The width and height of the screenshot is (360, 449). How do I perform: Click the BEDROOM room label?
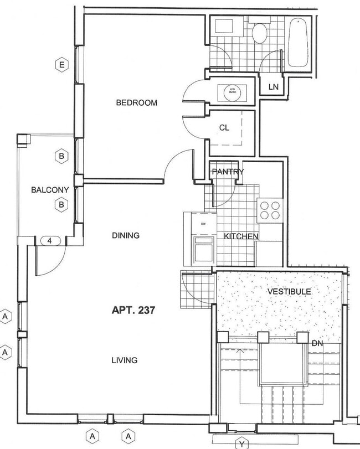(x=136, y=102)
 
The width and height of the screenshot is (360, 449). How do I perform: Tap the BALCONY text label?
(x=50, y=190)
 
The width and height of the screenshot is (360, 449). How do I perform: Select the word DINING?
(x=126, y=235)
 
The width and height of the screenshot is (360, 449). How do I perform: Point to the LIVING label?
(x=124, y=360)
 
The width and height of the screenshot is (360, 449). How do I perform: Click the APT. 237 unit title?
(x=132, y=311)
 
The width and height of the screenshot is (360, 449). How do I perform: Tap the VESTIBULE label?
(x=289, y=291)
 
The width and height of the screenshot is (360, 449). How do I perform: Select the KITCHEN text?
(x=241, y=236)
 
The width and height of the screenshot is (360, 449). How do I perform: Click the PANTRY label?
(x=227, y=172)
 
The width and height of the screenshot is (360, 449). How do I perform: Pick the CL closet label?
(x=224, y=127)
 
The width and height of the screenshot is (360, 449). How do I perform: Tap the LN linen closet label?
(x=273, y=87)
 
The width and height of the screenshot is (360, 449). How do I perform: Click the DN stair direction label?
(x=317, y=344)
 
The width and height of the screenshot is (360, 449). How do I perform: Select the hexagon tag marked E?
(x=61, y=66)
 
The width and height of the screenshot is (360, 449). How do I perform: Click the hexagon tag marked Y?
(x=241, y=443)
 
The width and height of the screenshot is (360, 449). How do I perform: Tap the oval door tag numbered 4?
(x=50, y=241)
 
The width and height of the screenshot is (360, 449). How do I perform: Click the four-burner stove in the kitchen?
(x=270, y=210)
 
